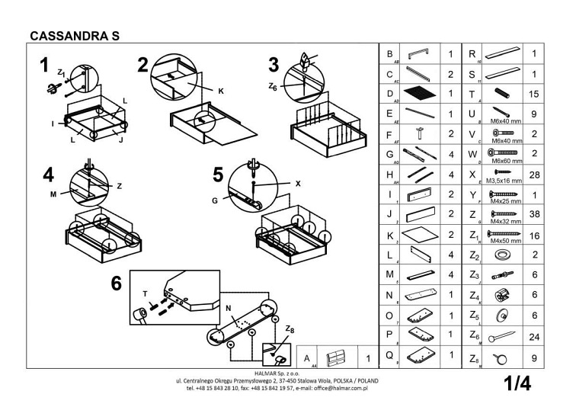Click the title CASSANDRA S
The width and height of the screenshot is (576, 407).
tap(74, 35)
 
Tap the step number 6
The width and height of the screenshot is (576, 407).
tap(117, 284)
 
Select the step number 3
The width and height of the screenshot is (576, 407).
tap(274, 64)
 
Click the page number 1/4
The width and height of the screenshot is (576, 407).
tap(517, 383)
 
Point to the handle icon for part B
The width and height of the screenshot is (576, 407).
tap(418, 53)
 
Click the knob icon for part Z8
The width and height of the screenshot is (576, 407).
tap(500, 358)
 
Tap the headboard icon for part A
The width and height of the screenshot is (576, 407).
tap(336, 358)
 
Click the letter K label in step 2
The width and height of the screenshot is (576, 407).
tap(220, 91)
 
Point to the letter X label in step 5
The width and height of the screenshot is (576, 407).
tap(298, 184)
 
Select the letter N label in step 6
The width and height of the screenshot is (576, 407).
tap(228, 307)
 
